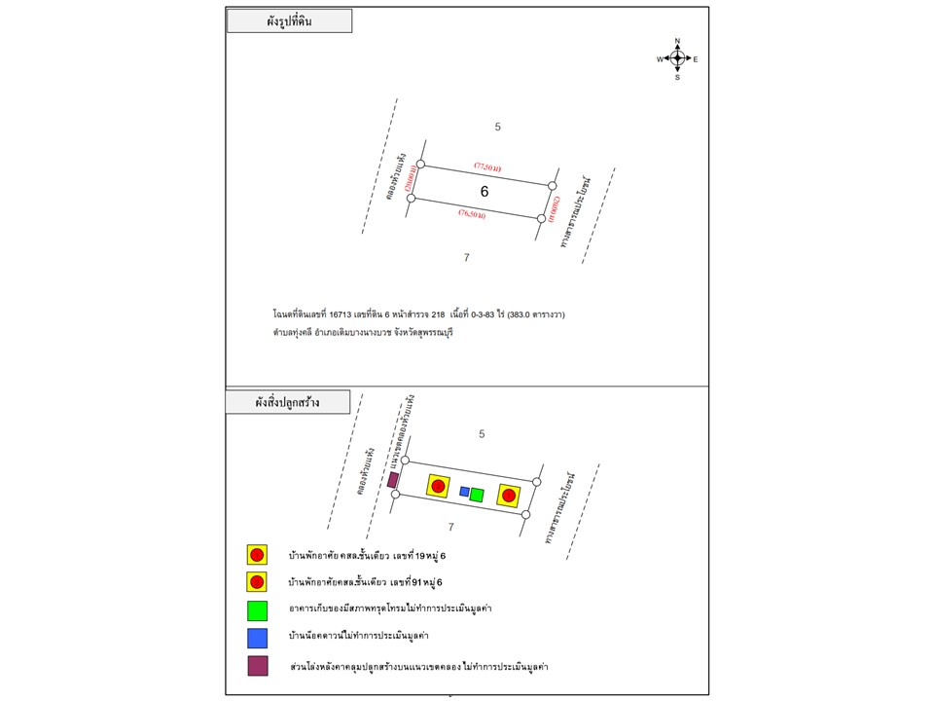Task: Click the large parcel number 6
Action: click(484, 192)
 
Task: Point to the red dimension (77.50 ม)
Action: click(487, 167)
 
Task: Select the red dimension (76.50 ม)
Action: click(473, 215)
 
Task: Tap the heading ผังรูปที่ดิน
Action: click(289, 20)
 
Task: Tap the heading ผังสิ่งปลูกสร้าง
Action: click(288, 401)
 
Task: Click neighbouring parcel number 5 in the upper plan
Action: click(497, 127)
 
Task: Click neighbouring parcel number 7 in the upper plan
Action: click(467, 257)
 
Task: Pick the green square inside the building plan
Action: click(477, 495)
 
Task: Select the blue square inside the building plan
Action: click(464, 492)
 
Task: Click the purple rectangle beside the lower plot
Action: click(393, 480)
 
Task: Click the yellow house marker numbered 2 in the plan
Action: click(508, 495)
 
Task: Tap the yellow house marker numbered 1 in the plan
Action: click(438, 485)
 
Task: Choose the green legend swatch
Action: click(257, 610)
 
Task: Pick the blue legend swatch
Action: click(257, 639)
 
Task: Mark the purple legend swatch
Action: click(257, 667)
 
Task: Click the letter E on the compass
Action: click(696, 59)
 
